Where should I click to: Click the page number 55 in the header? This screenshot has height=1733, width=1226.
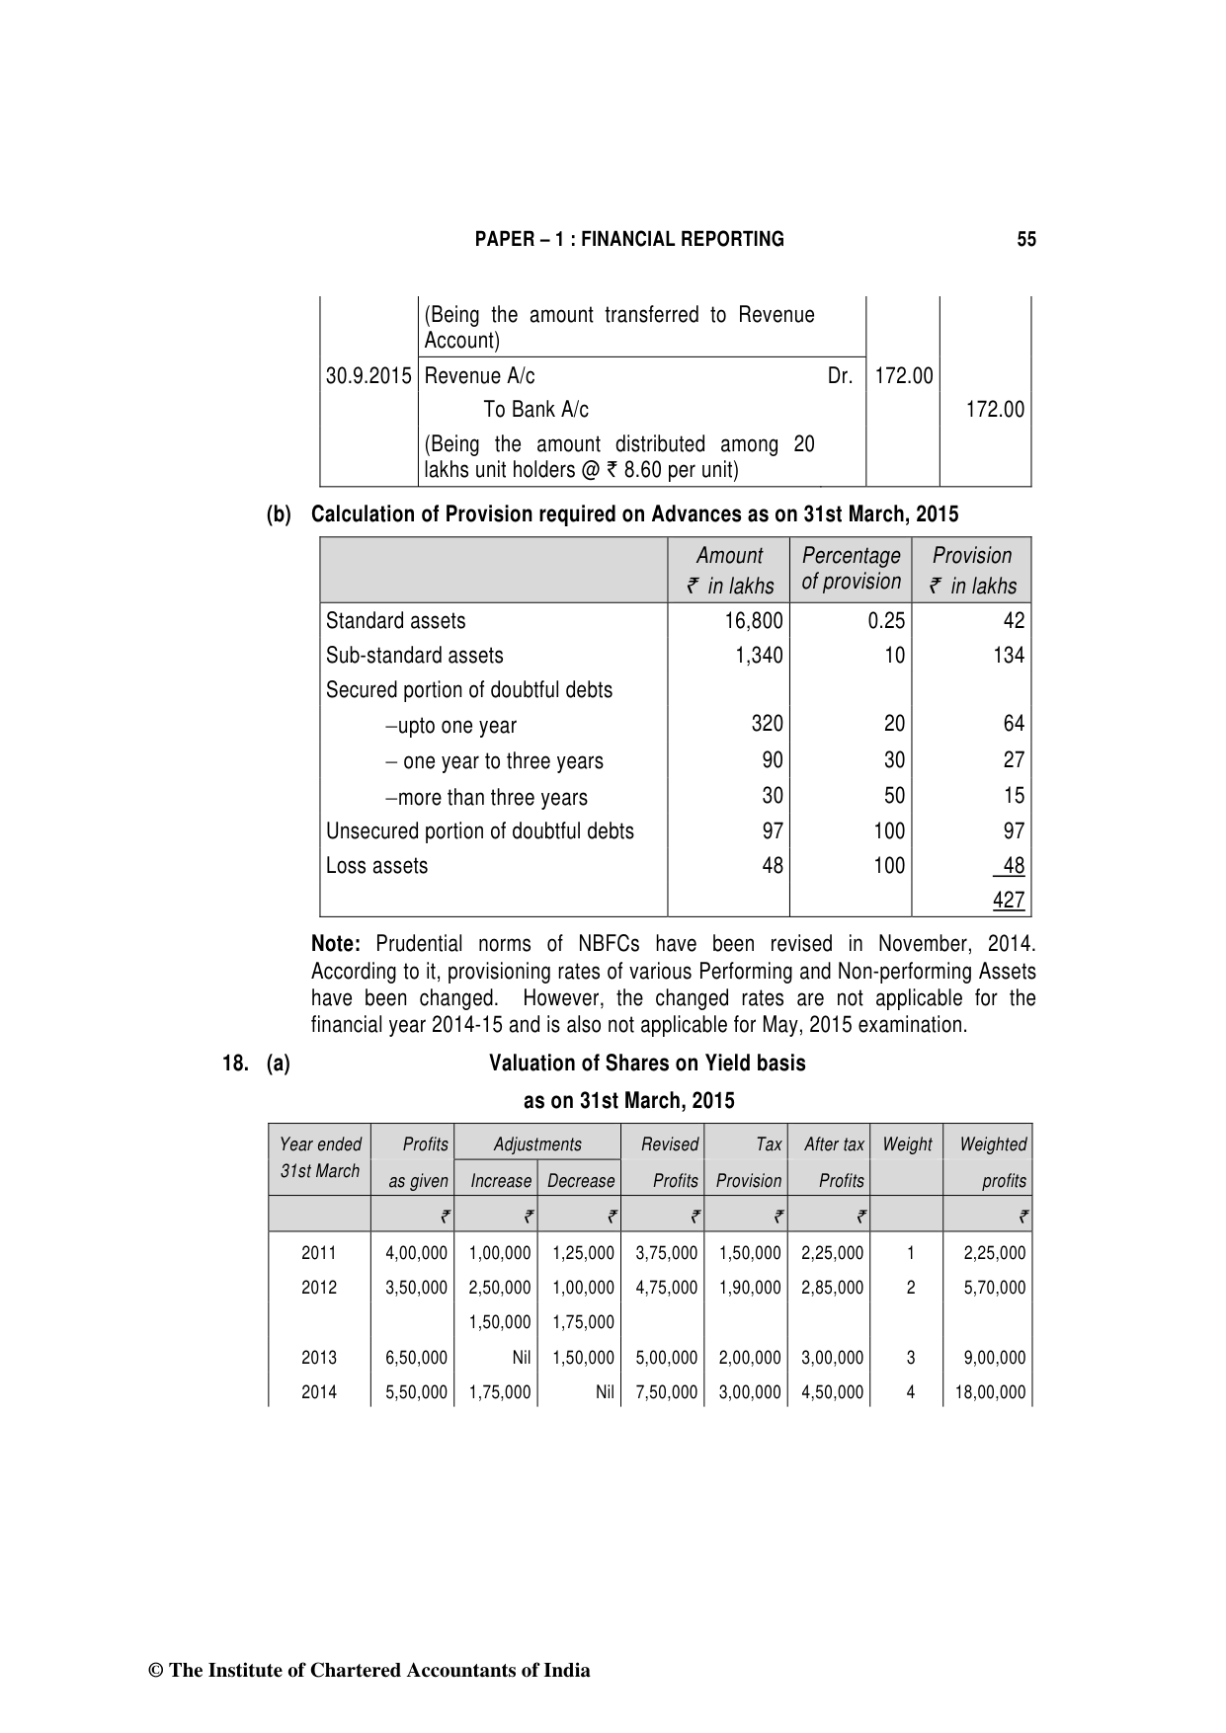coord(1026,239)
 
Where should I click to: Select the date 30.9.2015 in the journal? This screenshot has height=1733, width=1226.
coord(368,376)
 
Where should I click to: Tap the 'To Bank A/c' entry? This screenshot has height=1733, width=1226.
coord(535,410)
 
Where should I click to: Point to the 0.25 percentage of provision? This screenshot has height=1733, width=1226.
coord(886,621)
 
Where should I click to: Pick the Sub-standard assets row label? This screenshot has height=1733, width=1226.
coord(415,656)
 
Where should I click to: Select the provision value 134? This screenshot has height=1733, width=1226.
coord(1009,656)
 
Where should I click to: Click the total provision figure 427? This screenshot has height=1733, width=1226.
coord(1009,900)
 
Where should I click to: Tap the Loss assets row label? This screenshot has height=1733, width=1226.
coord(377,866)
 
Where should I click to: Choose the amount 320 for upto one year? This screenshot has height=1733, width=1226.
coord(767,724)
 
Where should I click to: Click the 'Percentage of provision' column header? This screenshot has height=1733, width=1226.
coord(851,569)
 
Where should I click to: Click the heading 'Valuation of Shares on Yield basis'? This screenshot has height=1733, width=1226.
coord(647,1063)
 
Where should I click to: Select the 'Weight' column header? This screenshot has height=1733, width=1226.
coord(907,1144)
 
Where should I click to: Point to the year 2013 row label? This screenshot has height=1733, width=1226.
coord(319,1358)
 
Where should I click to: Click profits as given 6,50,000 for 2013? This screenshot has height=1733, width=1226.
coord(417,1358)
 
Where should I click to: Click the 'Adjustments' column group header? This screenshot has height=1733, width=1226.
coord(537,1144)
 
